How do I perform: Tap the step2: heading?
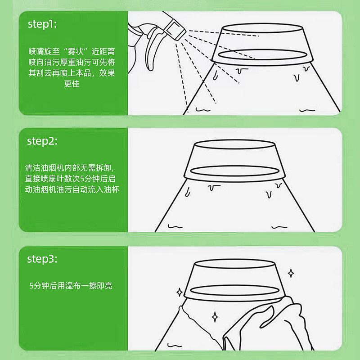coord(42,141)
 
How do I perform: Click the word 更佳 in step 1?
coord(72,84)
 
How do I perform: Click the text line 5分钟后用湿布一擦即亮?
coord(71,285)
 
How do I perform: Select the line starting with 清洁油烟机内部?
coord(72,168)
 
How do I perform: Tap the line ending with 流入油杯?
coord(72,189)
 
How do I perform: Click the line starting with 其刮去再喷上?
coord(72,73)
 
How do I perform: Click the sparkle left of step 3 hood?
coord(179,292)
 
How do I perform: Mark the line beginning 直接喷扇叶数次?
coord(72,179)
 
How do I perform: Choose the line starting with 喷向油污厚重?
coord(72,62)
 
